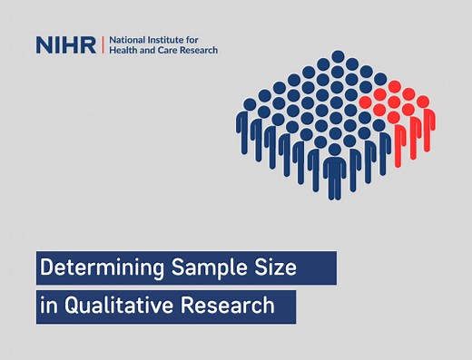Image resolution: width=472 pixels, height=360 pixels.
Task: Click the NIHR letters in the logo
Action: [x=66, y=44]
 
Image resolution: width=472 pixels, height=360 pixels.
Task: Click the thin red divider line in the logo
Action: [x=102, y=44]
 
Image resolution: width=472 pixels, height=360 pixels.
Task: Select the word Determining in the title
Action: [x=97, y=268]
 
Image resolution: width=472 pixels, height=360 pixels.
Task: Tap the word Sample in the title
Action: [x=207, y=268]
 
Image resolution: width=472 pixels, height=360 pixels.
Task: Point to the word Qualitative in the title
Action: [x=122, y=306]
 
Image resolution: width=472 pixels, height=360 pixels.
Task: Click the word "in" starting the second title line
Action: [x=47, y=306]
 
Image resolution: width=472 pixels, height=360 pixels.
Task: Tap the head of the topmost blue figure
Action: [x=338, y=56]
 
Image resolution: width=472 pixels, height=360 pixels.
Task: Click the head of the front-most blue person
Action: [x=335, y=149]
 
